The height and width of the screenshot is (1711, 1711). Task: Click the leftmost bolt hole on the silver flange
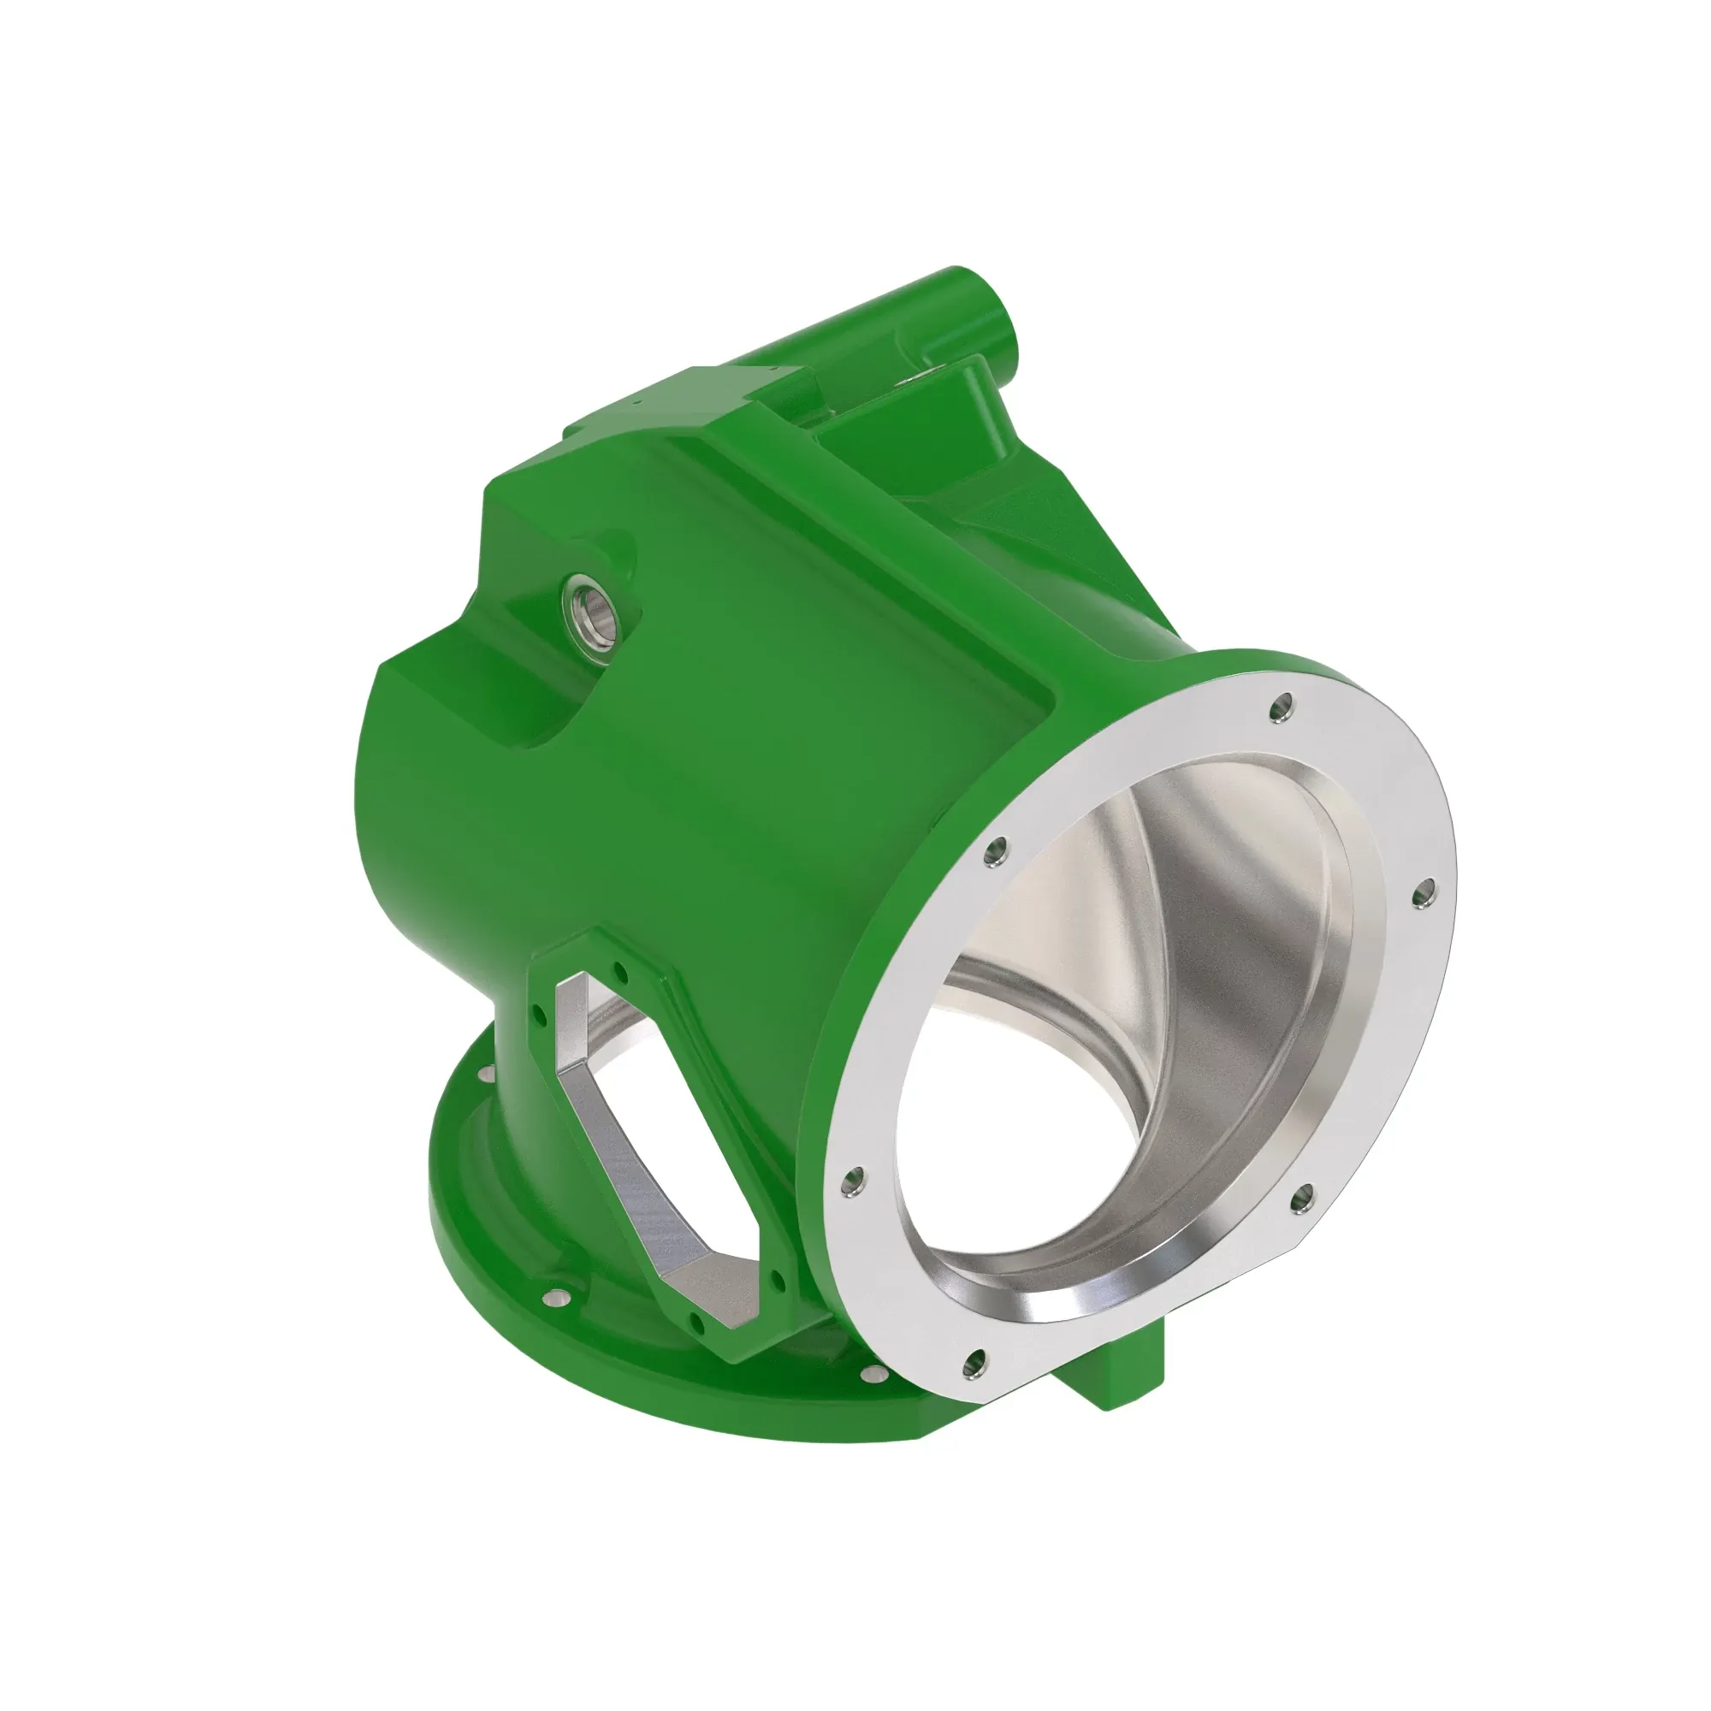pos(855,1180)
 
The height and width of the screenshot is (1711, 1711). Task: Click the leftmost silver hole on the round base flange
pos(483,1075)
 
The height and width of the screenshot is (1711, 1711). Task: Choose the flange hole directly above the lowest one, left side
pos(855,1180)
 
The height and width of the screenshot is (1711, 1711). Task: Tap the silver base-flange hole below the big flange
pos(875,1399)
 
